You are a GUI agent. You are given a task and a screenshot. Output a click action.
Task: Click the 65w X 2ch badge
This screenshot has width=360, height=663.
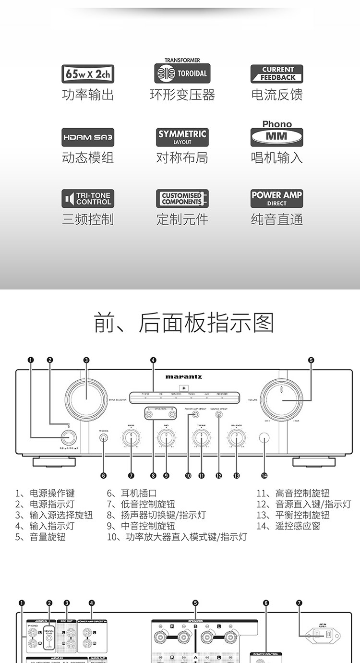point(88,74)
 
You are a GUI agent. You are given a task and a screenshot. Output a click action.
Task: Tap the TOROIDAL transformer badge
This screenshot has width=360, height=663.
point(182,73)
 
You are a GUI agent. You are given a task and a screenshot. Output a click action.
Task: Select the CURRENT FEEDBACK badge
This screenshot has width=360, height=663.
point(277,74)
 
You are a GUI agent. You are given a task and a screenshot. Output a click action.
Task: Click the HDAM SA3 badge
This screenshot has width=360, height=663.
point(88,137)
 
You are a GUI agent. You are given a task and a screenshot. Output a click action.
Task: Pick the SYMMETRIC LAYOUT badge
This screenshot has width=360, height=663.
point(182,137)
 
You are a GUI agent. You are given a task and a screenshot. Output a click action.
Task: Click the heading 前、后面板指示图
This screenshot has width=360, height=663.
point(183,323)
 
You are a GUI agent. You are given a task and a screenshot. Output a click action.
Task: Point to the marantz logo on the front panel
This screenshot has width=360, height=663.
point(184,377)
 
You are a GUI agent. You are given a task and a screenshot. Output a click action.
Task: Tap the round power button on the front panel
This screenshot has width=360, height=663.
point(69,437)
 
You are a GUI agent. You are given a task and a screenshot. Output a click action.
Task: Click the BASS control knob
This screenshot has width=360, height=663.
point(131,437)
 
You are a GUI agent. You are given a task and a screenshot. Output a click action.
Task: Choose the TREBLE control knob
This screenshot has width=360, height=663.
point(202,437)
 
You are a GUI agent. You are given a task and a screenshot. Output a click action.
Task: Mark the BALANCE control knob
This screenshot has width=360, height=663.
point(236,437)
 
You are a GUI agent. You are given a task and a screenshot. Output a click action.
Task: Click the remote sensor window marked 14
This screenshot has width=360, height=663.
point(264,437)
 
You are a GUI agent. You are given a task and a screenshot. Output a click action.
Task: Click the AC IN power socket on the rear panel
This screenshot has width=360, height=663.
point(322,637)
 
